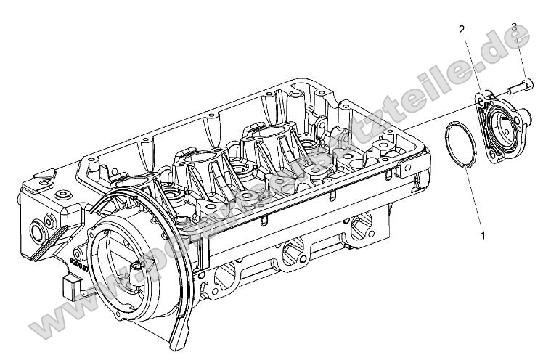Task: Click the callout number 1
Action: coord(482,234)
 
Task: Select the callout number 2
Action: coord(461,30)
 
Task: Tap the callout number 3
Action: coord(513,28)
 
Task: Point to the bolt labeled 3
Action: coord(521,86)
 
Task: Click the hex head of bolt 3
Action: coord(528,83)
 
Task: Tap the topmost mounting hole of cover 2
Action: coord(481,97)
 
